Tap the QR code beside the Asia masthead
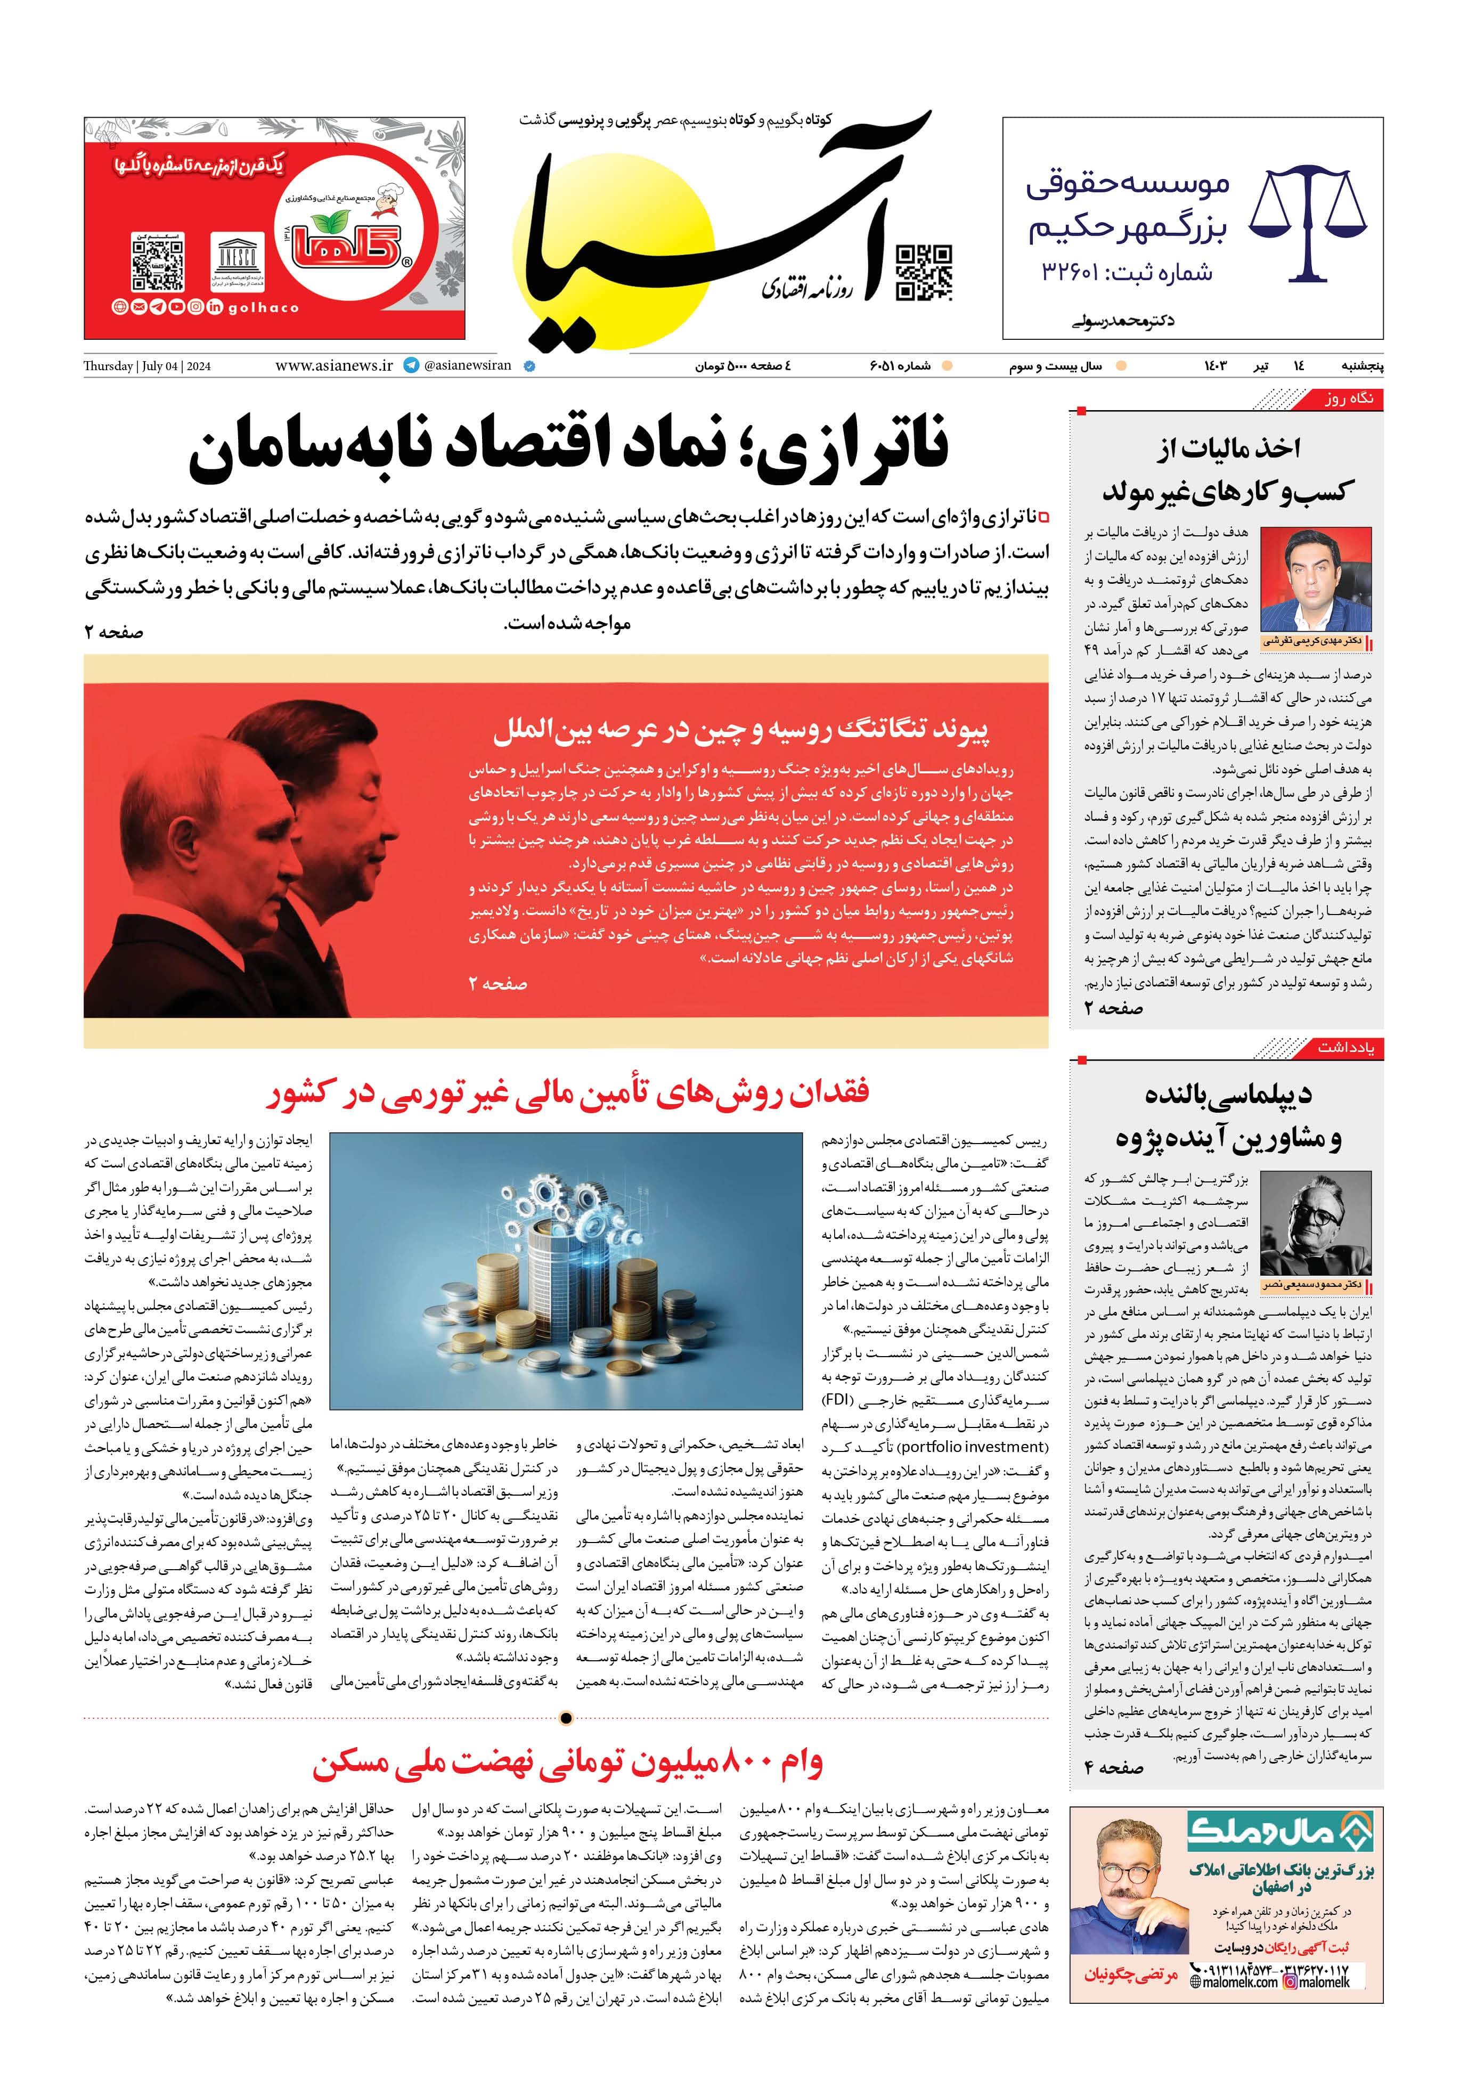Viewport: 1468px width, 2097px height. pos(924,272)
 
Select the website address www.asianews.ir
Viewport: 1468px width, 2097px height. pos(333,365)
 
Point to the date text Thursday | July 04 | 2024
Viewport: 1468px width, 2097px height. pos(147,366)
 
